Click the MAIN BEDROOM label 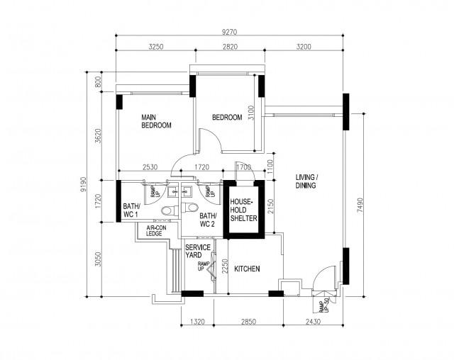tap(157, 121)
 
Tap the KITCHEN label tap(248, 269)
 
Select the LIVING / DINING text tap(306, 181)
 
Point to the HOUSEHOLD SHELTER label tap(242, 210)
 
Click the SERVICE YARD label tap(196, 252)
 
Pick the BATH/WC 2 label tap(207, 220)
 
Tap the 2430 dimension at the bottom tap(314, 322)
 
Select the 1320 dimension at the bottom tap(198, 322)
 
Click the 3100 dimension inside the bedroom tap(250, 114)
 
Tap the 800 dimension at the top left tap(99, 82)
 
